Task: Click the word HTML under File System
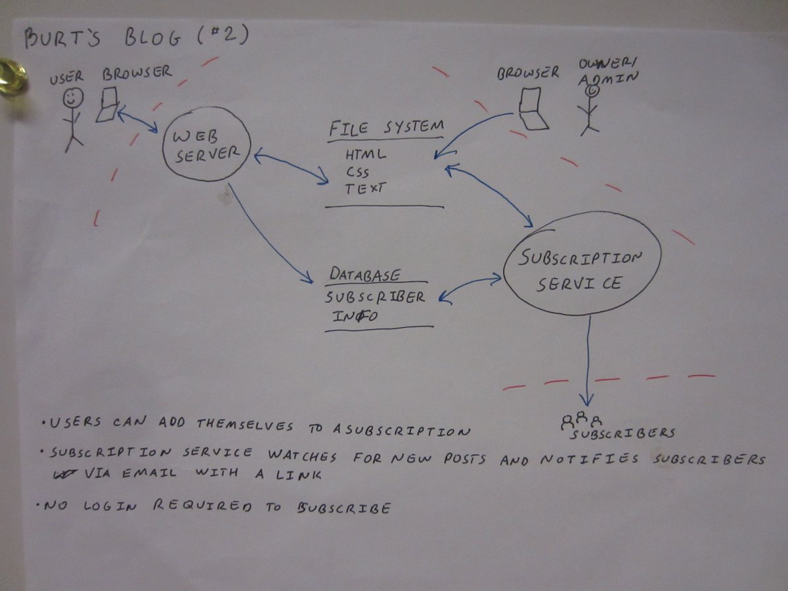[365, 156]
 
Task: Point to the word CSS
[357, 173]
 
